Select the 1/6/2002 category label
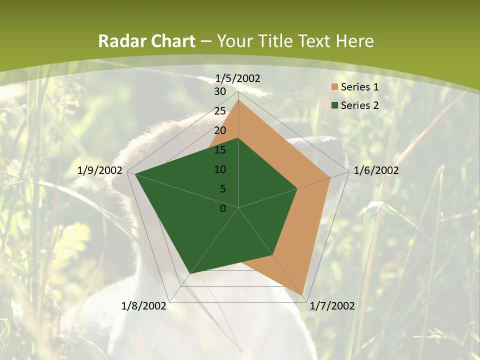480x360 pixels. click(376, 170)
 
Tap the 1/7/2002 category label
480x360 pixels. click(332, 306)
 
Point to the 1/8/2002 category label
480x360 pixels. click(144, 306)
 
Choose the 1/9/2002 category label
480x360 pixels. click(100, 170)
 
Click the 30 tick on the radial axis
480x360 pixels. click(219, 91)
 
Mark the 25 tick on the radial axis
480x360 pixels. click(219, 111)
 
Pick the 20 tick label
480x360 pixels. click(219, 130)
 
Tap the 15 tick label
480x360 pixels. click(219, 150)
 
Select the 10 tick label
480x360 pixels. click(219, 169)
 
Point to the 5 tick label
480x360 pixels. click(222, 189)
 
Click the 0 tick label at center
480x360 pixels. click(223, 208)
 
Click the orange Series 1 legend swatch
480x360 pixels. click(334, 87)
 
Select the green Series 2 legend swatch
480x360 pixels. click(334, 105)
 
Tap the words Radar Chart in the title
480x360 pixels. click(146, 41)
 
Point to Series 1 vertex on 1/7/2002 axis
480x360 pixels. click(302, 295)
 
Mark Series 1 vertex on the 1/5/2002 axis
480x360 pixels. click(238, 100)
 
